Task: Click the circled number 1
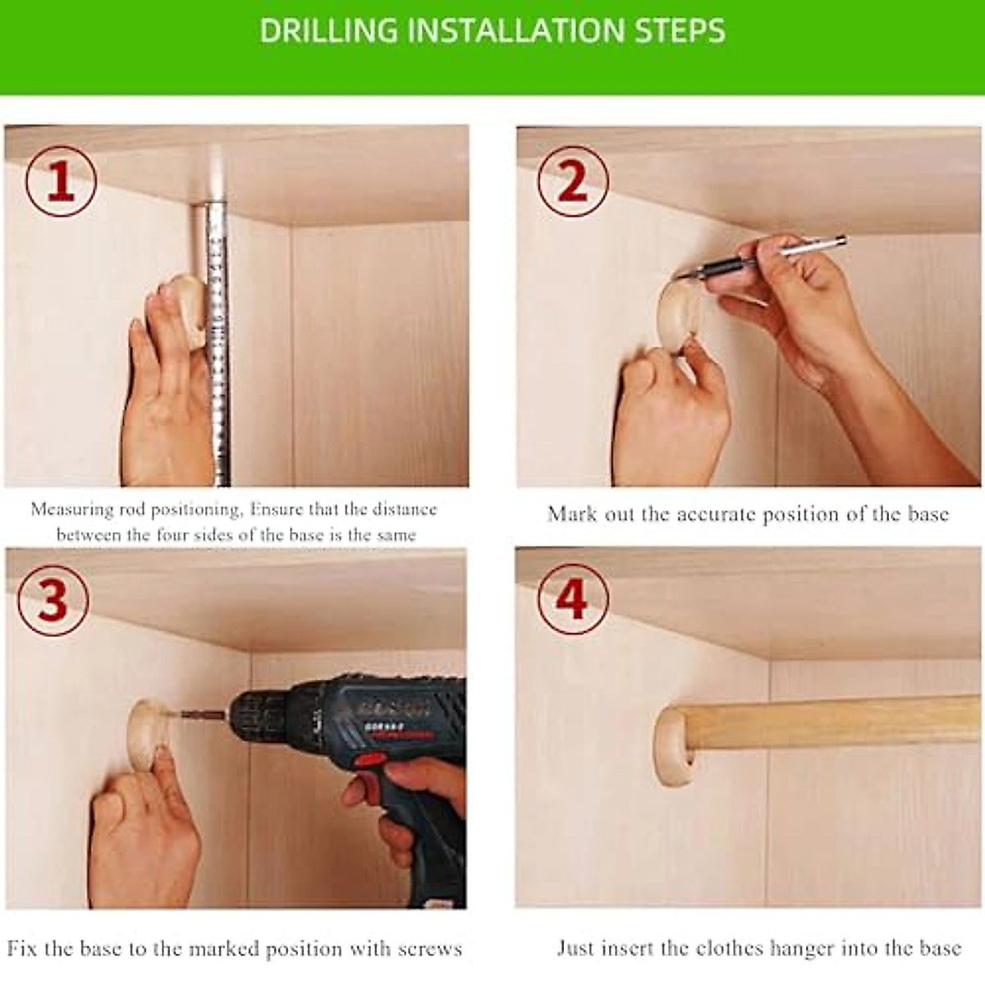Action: tap(61, 181)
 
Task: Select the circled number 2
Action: tap(573, 181)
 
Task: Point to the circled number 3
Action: tap(53, 601)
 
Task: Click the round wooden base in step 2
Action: tap(678, 318)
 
